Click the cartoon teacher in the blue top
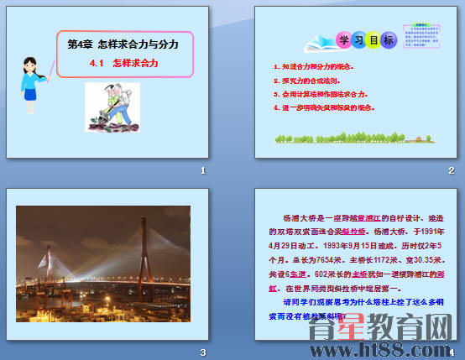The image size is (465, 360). click(x=35, y=80)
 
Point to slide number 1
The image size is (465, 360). click(x=202, y=170)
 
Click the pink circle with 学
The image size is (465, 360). click(x=344, y=40)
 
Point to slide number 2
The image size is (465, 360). click(x=451, y=170)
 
